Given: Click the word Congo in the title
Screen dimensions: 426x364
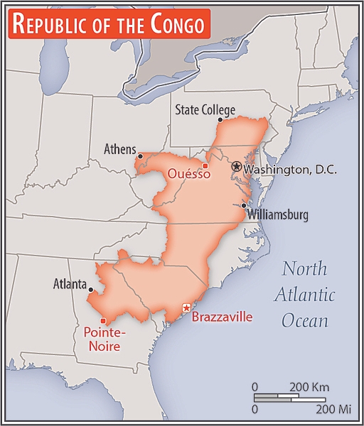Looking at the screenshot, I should click(x=177, y=25).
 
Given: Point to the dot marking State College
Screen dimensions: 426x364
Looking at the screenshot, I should click(x=220, y=120).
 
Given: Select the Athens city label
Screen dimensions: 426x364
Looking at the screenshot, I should click(x=119, y=149).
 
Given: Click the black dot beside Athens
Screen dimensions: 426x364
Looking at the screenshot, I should click(x=141, y=156).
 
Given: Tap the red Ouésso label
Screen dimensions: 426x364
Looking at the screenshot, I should click(x=188, y=173).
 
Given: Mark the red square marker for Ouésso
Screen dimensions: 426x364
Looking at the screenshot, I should click(x=205, y=166).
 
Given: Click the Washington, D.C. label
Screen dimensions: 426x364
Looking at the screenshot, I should click(x=289, y=170).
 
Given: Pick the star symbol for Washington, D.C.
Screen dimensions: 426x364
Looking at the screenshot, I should click(x=237, y=166).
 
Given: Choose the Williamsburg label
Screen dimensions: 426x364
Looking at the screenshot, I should click(x=278, y=214).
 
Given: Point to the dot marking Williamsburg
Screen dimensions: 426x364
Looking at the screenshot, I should click(x=243, y=205).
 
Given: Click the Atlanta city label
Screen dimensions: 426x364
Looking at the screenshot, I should click(x=70, y=284).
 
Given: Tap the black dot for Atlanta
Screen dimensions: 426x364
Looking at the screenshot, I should click(x=91, y=290).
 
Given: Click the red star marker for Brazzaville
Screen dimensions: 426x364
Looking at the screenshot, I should click(x=186, y=307).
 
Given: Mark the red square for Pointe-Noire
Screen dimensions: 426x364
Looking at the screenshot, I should click(x=104, y=320).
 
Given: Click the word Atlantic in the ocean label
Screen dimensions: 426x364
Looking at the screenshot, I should click(x=304, y=295).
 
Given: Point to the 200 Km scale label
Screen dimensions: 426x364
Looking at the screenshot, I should click(x=309, y=387).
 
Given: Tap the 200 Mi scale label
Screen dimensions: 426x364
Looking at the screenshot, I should click(x=334, y=410).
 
